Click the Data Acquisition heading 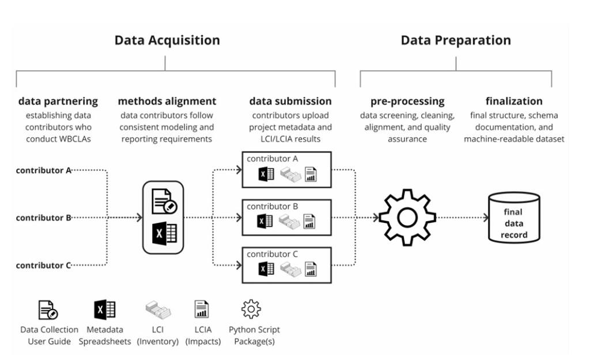167,40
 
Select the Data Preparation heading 455,40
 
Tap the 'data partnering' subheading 58,101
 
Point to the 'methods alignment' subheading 167,101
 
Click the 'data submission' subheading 290,101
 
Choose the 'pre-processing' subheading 407,101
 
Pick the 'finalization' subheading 514,101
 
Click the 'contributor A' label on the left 44,170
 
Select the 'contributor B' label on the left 44,218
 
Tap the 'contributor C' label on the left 44,266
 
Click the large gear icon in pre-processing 407,218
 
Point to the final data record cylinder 514,218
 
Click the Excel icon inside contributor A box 266,174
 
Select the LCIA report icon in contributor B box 311,222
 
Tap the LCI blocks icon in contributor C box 290,270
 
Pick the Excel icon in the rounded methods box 164,233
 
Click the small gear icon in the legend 251,309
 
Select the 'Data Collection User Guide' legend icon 48,309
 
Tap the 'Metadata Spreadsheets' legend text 105,335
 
